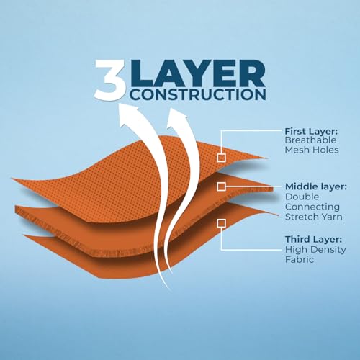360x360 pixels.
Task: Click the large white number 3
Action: (111, 80)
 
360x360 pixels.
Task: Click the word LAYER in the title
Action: (198, 73)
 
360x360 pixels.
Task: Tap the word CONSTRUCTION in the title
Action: (199, 94)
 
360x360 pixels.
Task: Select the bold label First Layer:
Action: (311, 131)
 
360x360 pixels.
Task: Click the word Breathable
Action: (310, 140)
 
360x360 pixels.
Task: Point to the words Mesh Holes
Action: (312, 150)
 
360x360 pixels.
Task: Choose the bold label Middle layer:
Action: (316, 186)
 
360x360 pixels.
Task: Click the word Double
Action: (302, 197)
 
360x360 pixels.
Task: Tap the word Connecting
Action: (312, 207)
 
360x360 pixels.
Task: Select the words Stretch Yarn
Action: (313, 217)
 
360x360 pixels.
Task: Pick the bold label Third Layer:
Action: (313, 239)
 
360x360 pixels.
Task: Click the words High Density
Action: (315, 250)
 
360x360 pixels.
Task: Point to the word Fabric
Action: (300, 259)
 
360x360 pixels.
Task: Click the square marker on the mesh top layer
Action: (221, 158)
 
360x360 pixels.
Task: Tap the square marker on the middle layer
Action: (221, 186)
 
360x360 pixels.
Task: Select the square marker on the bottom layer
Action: (221, 223)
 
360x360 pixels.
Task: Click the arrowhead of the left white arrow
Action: (129, 114)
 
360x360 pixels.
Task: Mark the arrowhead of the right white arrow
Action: (177, 117)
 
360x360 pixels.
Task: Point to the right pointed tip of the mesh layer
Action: (267, 158)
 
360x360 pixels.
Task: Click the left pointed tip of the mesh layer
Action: (12, 179)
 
